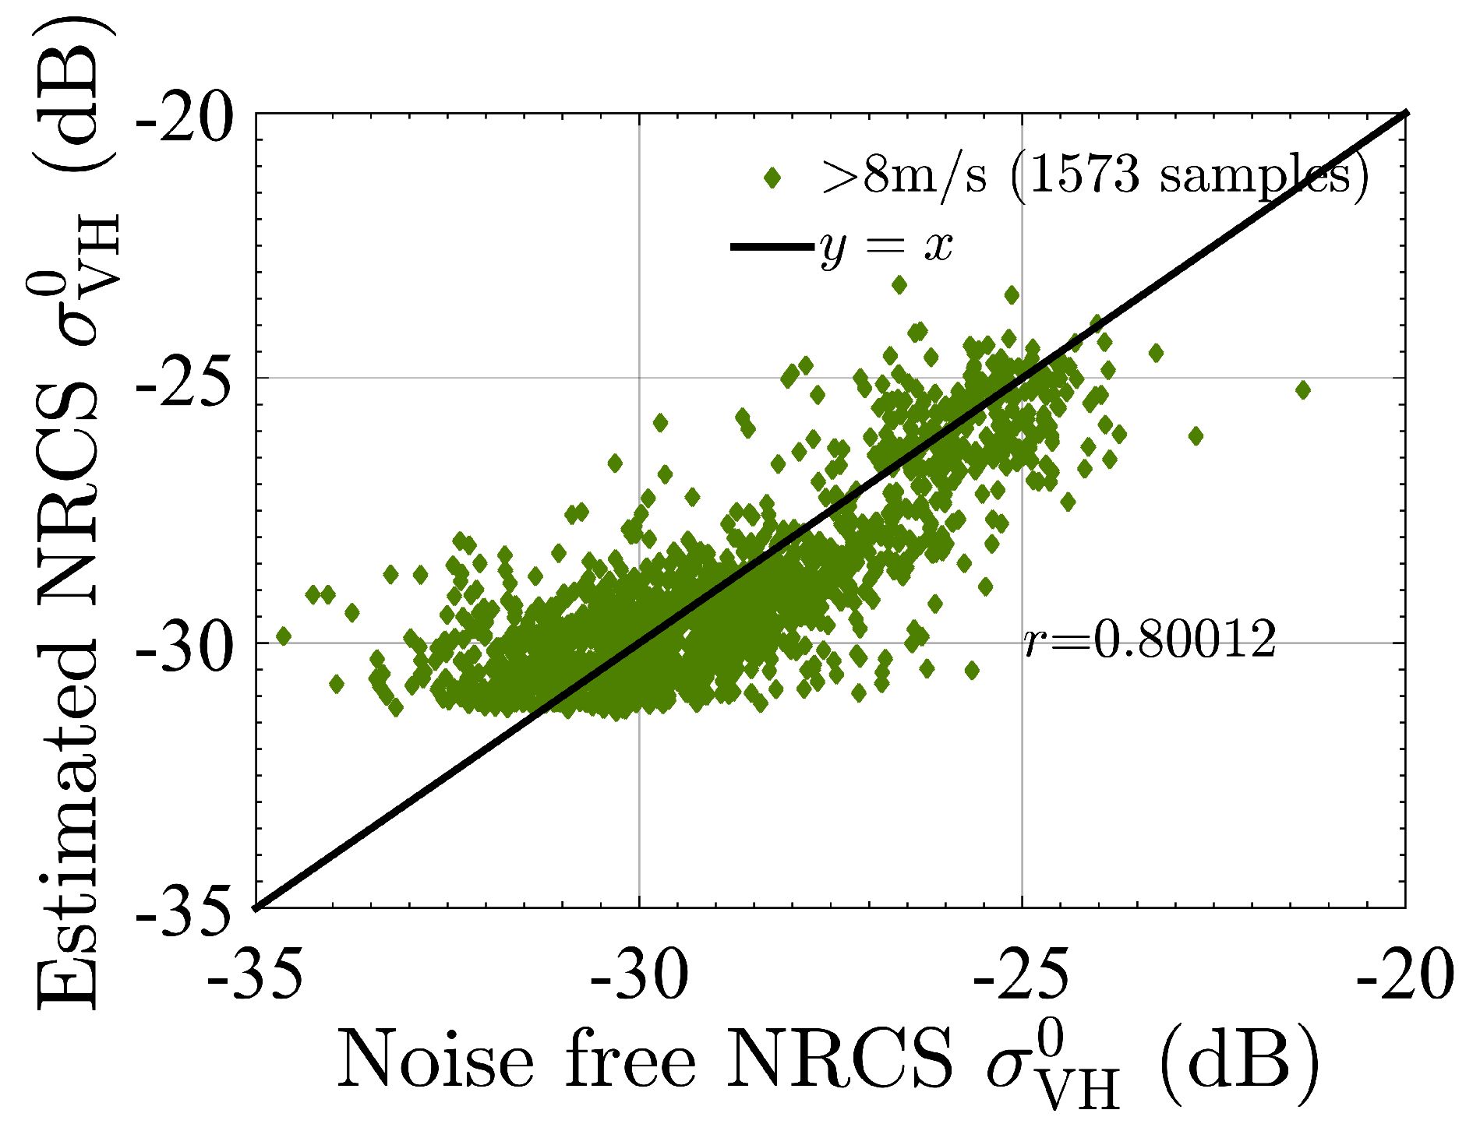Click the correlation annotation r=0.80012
[x=1150, y=640]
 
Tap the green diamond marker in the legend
[x=772, y=178]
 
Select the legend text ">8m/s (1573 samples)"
[x=1094, y=178]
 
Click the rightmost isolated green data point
[x=1302, y=390]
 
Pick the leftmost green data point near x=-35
[x=284, y=636]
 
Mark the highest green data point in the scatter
[x=899, y=285]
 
